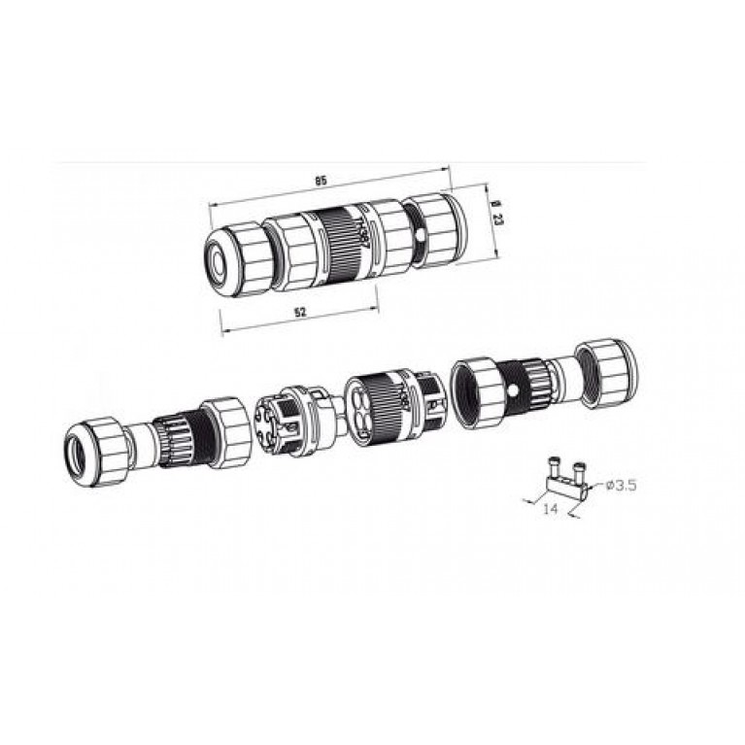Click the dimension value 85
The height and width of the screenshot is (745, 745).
coord(322,181)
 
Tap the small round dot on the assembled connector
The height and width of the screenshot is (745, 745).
coord(419,235)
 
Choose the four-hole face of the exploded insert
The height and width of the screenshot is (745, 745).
coord(367,408)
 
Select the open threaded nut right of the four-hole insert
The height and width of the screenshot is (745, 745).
coord(478,385)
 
